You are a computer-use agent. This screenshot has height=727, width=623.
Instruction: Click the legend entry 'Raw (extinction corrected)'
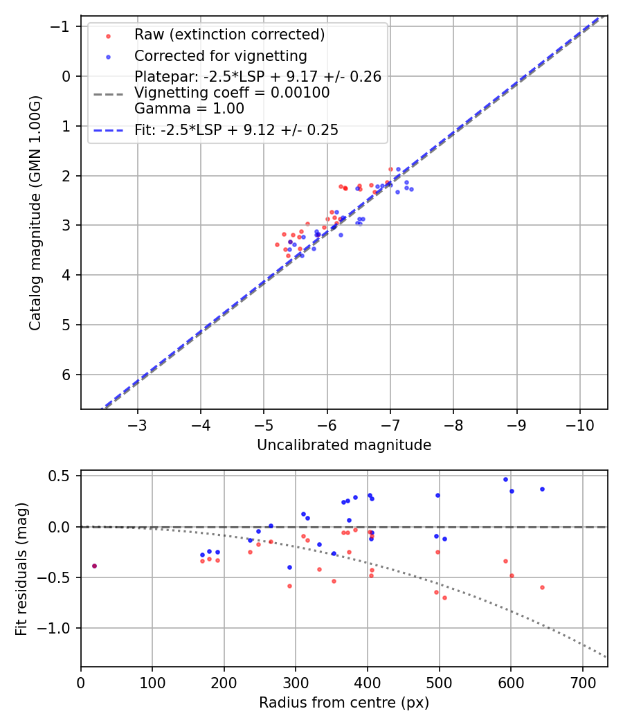pyautogui.click(x=229, y=35)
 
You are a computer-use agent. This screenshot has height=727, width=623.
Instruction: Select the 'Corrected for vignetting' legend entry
pyautogui.click(x=220, y=55)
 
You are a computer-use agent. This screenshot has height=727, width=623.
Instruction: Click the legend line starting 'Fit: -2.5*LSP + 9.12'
pyautogui.click(x=236, y=130)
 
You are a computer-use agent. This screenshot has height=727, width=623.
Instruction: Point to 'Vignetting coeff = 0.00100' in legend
pyautogui.click(x=232, y=93)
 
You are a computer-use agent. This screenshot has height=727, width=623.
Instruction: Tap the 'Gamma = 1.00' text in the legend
pyautogui.click(x=189, y=108)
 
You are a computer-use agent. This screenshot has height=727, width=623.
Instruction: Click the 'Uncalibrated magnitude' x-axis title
pyautogui.click(x=344, y=445)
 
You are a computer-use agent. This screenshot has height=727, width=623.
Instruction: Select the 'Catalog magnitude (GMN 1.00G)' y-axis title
pyautogui.click(x=36, y=213)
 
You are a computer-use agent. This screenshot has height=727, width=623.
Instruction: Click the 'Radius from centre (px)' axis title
pyautogui.click(x=344, y=703)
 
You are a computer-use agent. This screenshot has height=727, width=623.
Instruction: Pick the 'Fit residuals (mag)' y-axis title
pyautogui.click(x=21, y=568)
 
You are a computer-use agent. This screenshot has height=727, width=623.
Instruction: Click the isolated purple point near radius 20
pyautogui.click(x=94, y=566)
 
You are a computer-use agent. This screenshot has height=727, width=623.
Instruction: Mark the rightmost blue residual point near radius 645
pyautogui.click(x=542, y=489)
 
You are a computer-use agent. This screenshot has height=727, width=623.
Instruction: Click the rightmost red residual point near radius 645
pyautogui.click(x=542, y=587)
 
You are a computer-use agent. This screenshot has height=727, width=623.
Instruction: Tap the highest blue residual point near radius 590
pyautogui.click(x=505, y=479)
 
